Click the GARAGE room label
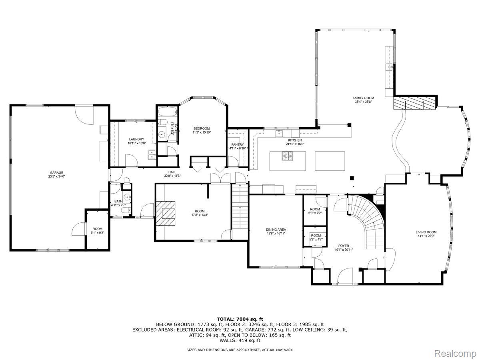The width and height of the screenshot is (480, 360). pos(56,173)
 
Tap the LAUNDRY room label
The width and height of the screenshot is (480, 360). pos(136,139)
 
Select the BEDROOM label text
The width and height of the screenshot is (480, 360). pos(202,128)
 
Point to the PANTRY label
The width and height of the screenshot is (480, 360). pos(238,145)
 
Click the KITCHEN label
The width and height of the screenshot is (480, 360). pos(295,140)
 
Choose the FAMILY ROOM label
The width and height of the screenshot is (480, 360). pos(363,98)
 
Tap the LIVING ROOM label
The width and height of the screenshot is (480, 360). pos(426,232)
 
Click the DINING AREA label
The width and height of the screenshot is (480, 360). pos(276,230)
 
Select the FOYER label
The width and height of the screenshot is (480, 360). pos(344,246)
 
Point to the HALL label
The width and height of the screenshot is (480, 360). pos(172,172)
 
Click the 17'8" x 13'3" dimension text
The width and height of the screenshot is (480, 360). pos(200,215)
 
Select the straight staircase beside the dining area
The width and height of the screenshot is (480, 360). pos(240,208)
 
